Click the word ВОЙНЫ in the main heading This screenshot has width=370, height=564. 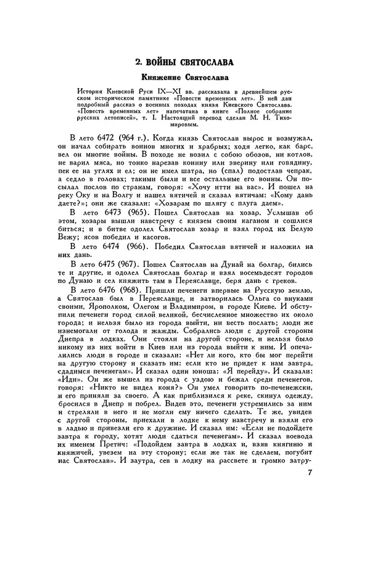162,62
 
